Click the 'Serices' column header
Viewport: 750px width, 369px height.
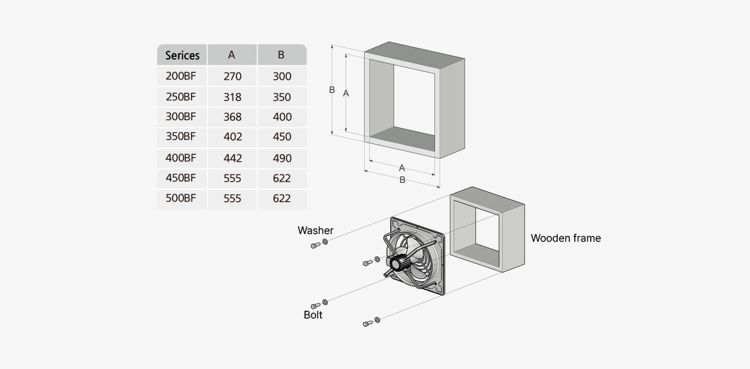(x=182, y=55)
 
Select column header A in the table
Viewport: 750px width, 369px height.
(x=232, y=55)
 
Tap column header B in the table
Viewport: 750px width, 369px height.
(x=281, y=55)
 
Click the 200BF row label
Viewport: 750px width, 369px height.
(x=181, y=76)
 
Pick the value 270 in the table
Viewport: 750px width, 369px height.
(x=233, y=76)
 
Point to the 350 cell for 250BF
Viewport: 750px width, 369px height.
(x=282, y=97)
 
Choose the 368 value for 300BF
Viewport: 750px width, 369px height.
(x=233, y=117)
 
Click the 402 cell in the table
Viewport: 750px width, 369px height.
(x=233, y=137)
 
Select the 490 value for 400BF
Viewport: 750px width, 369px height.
(x=282, y=158)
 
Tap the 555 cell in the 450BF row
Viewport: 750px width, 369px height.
(x=233, y=178)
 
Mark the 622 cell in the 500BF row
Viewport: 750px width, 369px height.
(x=282, y=199)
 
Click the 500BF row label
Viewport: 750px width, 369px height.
(x=181, y=198)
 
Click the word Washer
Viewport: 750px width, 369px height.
(x=316, y=230)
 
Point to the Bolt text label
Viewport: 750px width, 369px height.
(x=313, y=315)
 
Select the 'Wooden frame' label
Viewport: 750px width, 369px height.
(x=565, y=238)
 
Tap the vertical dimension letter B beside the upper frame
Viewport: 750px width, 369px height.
(x=332, y=90)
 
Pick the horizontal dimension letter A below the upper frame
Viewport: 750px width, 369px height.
(x=402, y=168)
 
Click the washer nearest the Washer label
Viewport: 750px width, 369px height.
(x=325, y=242)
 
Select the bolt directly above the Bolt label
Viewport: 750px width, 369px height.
(x=315, y=305)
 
